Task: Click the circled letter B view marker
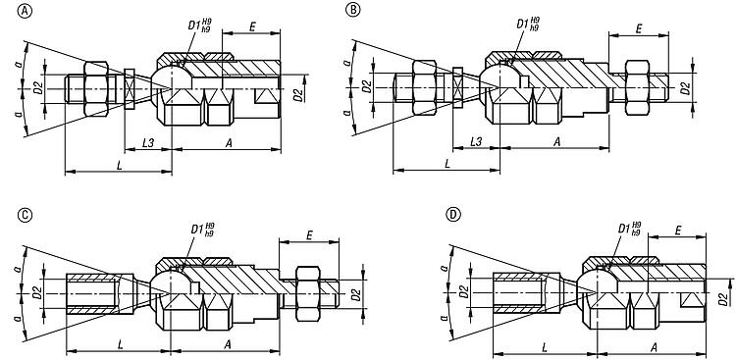(352, 11)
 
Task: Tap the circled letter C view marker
(24, 215)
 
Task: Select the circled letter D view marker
(452, 215)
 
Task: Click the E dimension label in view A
(252, 26)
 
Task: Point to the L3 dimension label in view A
(148, 143)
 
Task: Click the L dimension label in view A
(119, 165)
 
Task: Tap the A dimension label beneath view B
(556, 142)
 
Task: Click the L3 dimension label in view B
(476, 142)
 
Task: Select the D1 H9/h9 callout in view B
(528, 24)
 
